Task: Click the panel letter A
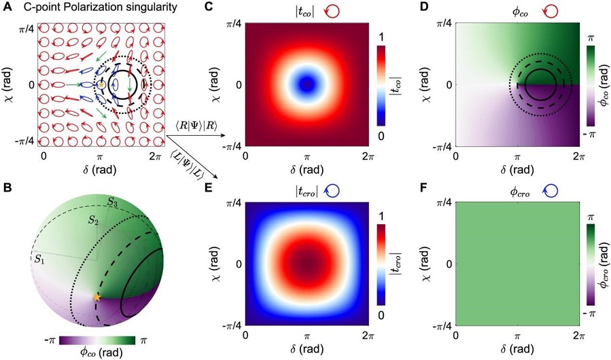[7, 8]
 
